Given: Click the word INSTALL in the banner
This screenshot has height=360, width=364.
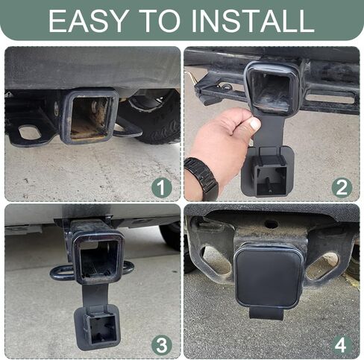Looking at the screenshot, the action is pyautogui.click(x=253, y=21).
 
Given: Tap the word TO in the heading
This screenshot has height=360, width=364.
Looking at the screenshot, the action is pyautogui.click(x=162, y=21).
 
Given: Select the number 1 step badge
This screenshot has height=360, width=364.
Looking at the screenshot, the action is pyautogui.click(x=162, y=187).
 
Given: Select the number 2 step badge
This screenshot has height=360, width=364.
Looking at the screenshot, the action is pyautogui.click(x=342, y=187).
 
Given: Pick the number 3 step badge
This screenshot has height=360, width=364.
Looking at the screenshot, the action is pyautogui.click(x=162, y=345).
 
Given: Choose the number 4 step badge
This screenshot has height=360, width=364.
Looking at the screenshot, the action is pyautogui.click(x=342, y=345).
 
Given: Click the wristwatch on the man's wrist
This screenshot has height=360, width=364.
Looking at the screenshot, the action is pyautogui.click(x=202, y=177).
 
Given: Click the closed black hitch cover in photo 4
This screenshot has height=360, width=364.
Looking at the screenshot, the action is pyautogui.click(x=269, y=277).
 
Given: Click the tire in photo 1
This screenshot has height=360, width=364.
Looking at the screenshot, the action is pyautogui.click(x=154, y=118).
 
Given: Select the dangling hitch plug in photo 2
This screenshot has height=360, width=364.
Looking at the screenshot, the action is pyautogui.click(x=268, y=171).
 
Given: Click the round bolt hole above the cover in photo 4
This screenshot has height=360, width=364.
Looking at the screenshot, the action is pyautogui.click(x=272, y=224).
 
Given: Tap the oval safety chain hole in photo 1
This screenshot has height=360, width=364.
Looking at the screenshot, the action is pyautogui.click(x=30, y=132).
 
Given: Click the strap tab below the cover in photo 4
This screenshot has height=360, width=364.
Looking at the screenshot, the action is pyautogui.click(x=266, y=314).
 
